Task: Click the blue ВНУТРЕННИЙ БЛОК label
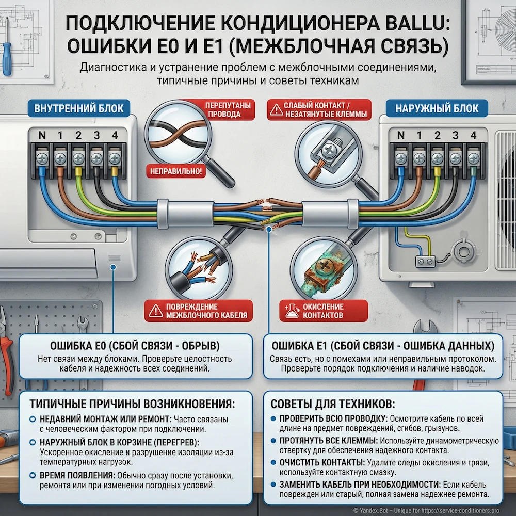coord(78,108)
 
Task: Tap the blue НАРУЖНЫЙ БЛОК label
coord(437,108)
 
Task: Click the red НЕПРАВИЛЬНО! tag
coord(176,171)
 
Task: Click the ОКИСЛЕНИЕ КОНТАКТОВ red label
coord(322,311)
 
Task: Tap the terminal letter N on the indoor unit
coord(41,136)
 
